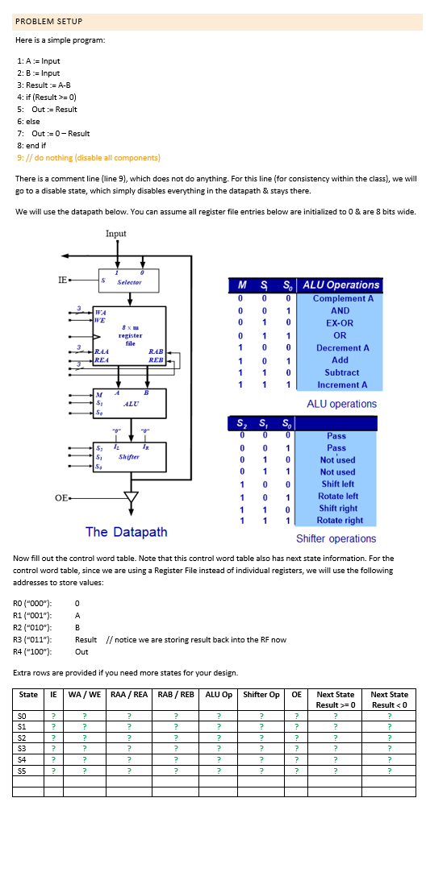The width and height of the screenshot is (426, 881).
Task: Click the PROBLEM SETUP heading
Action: pyautogui.click(x=48, y=21)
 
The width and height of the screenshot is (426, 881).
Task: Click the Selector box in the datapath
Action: pyautogui.click(x=130, y=282)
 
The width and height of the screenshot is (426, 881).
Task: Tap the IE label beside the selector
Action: pyautogui.click(x=62, y=280)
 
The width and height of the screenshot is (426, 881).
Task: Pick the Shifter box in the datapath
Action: pyautogui.click(x=130, y=456)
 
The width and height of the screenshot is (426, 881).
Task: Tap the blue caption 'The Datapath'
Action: pyautogui.click(x=126, y=532)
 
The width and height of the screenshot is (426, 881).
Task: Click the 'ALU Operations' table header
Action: pyautogui.click(x=340, y=285)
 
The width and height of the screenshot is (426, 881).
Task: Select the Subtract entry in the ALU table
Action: pyautogui.click(x=340, y=372)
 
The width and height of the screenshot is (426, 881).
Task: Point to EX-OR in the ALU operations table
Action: pyautogui.click(x=340, y=322)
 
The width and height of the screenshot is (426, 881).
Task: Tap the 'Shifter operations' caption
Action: pyautogui.click(x=336, y=538)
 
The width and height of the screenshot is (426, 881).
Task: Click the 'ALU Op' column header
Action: pyautogui.click(x=218, y=694)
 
